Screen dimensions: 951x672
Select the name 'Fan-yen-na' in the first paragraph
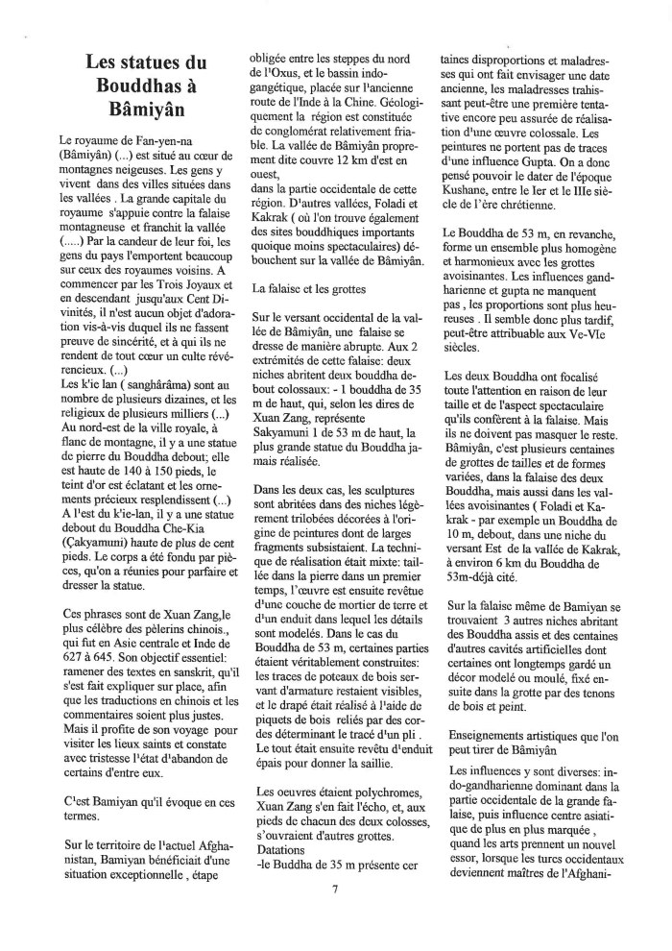[156, 140]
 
